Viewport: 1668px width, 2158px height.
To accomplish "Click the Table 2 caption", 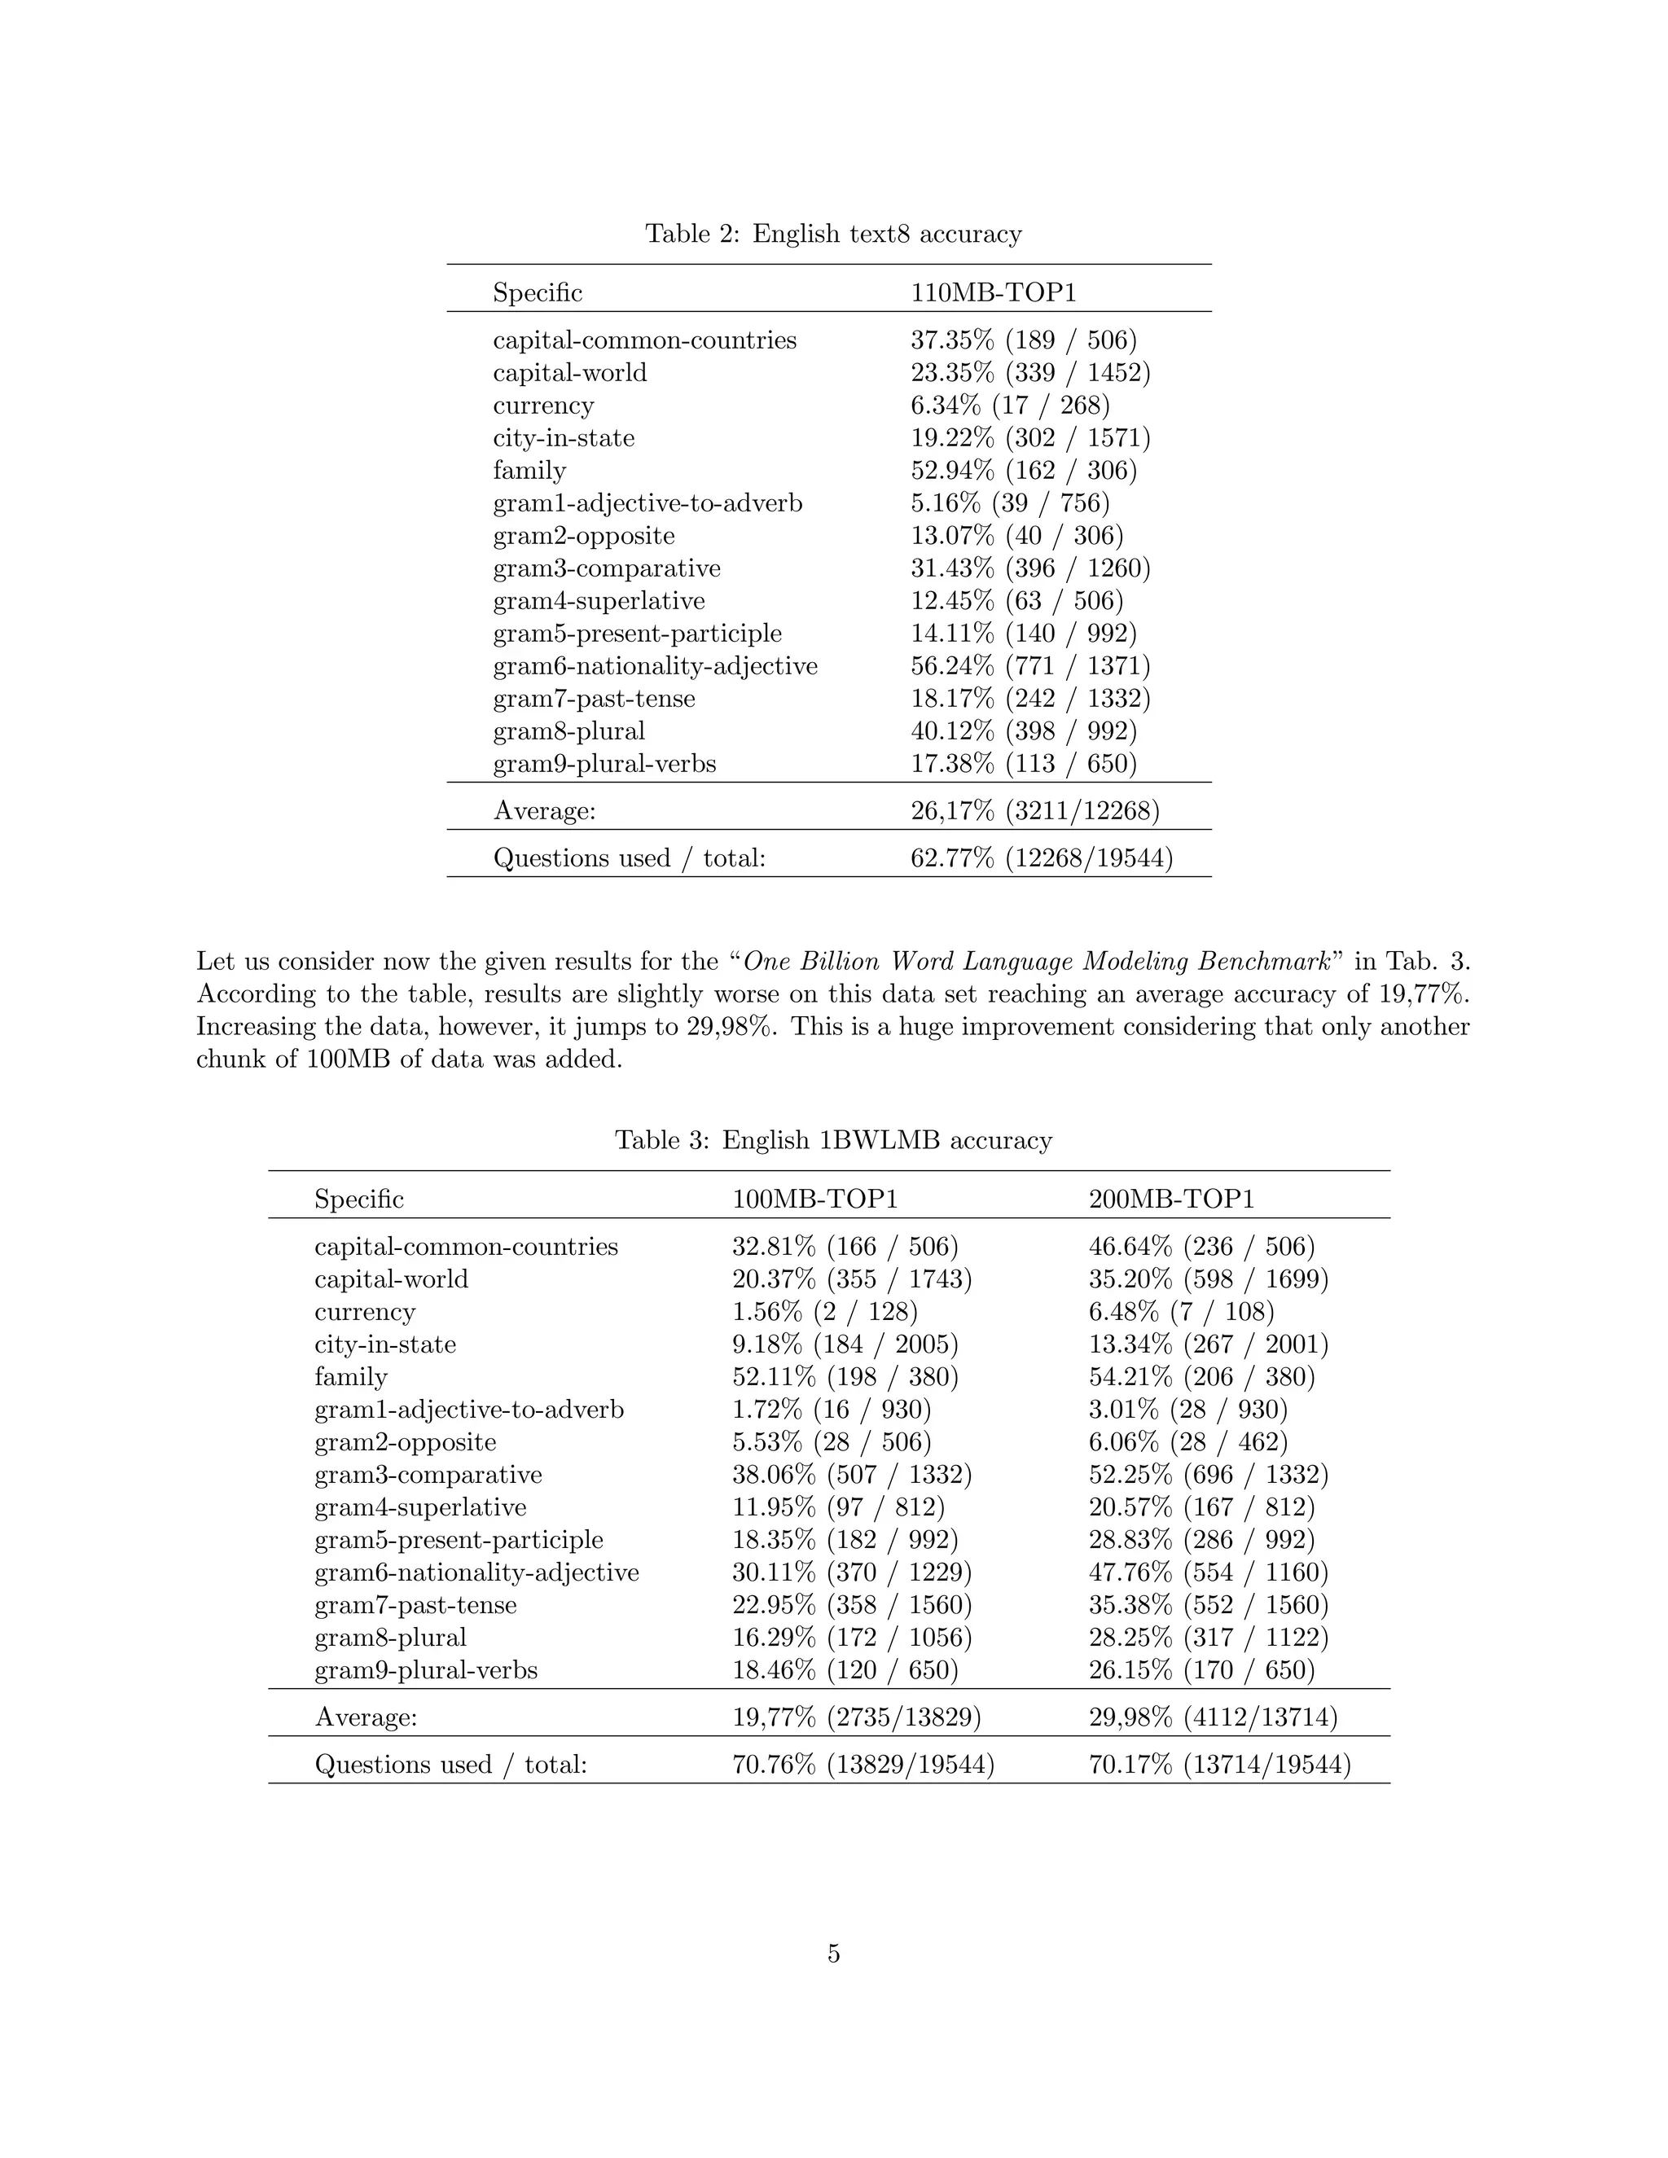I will [x=833, y=235].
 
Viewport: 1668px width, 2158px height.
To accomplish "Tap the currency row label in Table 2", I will [x=543, y=406].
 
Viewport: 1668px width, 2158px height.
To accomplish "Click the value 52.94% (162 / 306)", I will [x=1024, y=472].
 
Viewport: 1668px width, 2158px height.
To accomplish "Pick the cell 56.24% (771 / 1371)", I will [x=1029, y=667].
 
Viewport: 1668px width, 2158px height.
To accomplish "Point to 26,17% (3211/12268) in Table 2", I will [x=1034, y=811].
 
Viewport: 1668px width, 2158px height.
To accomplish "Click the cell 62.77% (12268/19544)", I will [x=1042, y=858].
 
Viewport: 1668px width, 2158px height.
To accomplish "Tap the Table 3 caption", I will [x=833, y=1140].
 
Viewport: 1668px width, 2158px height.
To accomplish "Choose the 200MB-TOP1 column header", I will [x=1171, y=1200].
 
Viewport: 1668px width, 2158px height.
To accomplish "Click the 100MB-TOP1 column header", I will [x=814, y=1200].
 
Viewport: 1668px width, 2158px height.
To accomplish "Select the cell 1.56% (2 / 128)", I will [x=824, y=1312].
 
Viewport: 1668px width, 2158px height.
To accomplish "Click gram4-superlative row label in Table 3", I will [x=420, y=1508].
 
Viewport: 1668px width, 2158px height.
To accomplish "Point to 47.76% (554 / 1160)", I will [x=1209, y=1573].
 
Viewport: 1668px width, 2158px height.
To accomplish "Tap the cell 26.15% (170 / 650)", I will [x=1201, y=1671].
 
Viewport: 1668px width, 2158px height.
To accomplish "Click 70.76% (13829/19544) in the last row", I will [x=863, y=1765].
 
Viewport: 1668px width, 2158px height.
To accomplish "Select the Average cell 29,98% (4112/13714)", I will [x=1213, y=1718].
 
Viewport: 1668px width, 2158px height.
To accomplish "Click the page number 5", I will [x=833, y=1954].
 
